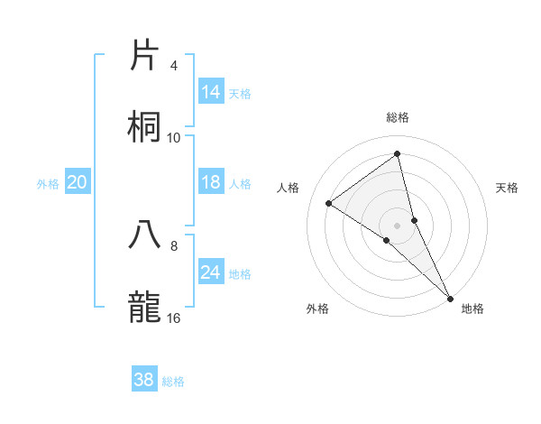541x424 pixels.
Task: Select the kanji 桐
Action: [144, 127]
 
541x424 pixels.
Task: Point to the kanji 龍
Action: [144, 307]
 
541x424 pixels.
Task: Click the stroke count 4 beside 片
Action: [174, 66]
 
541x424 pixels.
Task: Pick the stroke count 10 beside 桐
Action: [174, 137]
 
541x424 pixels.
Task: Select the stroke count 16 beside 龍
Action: [174, 318]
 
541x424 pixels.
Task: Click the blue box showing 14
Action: [211, 92]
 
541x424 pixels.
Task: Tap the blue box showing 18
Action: [211, 182]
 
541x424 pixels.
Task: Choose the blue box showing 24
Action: [211, 272]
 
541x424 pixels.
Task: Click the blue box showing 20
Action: [77, 182]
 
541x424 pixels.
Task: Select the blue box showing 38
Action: [144, 380]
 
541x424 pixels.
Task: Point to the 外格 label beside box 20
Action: [48, 184]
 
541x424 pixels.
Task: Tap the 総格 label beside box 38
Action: [173, 382]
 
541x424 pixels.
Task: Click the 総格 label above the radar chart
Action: [398, 117]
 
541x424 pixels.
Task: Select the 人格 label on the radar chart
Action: [289, 188]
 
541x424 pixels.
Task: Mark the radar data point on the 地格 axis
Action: [451, 298]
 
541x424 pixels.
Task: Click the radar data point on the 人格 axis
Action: [328, 203]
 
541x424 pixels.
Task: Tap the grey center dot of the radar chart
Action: [398, 225]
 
